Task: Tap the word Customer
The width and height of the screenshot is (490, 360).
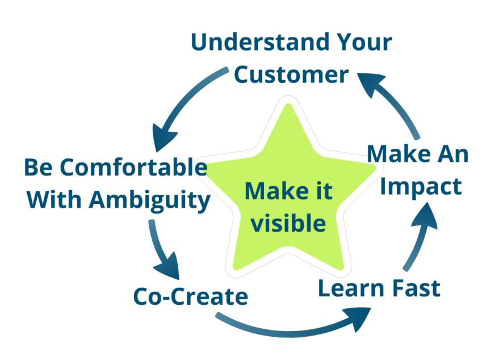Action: pos(291,74)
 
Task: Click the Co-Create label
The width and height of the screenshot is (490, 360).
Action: pos(190,296)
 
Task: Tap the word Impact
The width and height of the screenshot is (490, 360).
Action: pos(421,187)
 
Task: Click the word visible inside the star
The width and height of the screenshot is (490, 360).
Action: pos(288,223)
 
